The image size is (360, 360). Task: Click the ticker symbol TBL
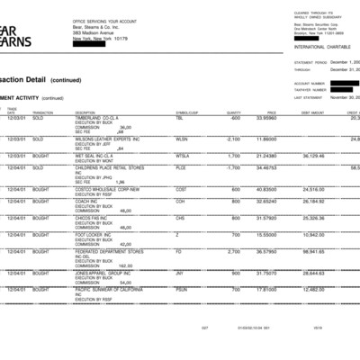[x=179, y=118]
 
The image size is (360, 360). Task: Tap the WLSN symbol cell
[x=181, y=139]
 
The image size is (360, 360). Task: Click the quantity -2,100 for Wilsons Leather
[x=231, y=139]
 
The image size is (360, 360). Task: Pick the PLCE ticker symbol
[x=181, y=168]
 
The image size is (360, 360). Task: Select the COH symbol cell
[x=180, y=202]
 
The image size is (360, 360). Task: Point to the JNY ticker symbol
[x=180, y=272]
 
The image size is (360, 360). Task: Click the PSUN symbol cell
[x=181, y=289]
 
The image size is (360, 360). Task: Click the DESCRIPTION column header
[x=85, y=112]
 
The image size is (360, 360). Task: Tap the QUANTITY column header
[x=234, y=112]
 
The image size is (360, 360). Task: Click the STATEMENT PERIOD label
[x=310, y=62]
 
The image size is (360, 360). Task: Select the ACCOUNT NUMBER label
[x=310, y=83]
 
